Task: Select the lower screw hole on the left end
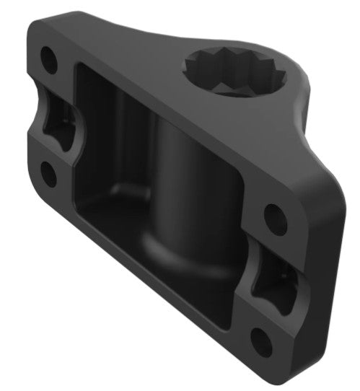[48, 173]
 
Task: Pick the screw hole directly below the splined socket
[273, 215]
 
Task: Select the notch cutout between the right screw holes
[271, 278]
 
